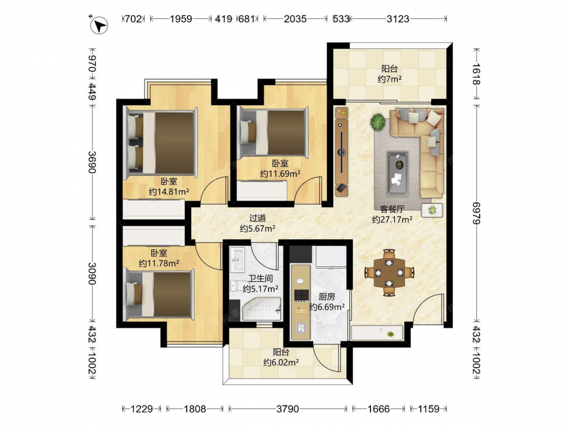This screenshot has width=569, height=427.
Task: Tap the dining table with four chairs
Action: pos(389,272)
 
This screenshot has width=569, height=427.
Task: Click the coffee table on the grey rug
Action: pos(398,174)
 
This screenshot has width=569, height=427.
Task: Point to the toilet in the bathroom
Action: pos(236,285)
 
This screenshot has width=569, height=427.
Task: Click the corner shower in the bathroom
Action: pos(261,309)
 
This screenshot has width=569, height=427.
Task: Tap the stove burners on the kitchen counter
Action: pos(301,295)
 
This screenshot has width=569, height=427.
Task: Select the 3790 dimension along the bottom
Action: pos(288,409)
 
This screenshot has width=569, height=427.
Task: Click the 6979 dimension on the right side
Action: pos(476,213)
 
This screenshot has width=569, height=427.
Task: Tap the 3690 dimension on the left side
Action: pos(92,162)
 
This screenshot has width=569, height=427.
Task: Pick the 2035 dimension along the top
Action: pos(295,19)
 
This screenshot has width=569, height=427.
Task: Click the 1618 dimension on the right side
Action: pos(476,74)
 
